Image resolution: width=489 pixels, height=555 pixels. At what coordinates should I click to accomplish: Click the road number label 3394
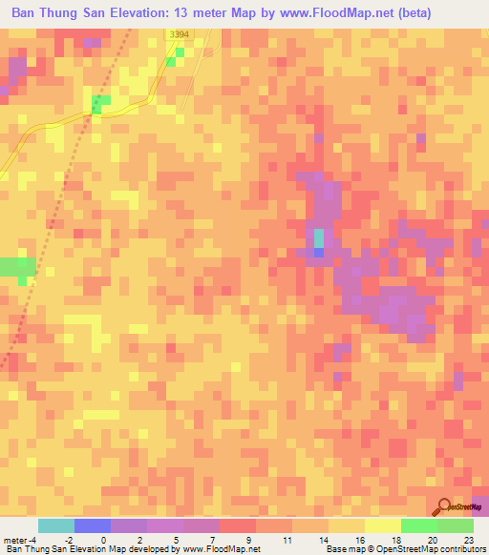pyautogui.click(x=179, y=34)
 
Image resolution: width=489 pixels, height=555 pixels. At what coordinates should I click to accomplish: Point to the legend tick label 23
pyautogui.click(x=467, y=539)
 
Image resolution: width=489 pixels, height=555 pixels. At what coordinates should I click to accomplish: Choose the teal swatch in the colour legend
pyautogui.click(x=56, y=525)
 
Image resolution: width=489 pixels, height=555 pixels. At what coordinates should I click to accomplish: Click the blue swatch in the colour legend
pyautogui.click(x=93, y=525)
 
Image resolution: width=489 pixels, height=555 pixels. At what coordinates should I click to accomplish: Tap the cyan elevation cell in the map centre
pyautogui.click(x=319, y=237)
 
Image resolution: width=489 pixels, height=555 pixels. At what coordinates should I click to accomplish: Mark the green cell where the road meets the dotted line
pyautogui.click(x=99, y=101)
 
